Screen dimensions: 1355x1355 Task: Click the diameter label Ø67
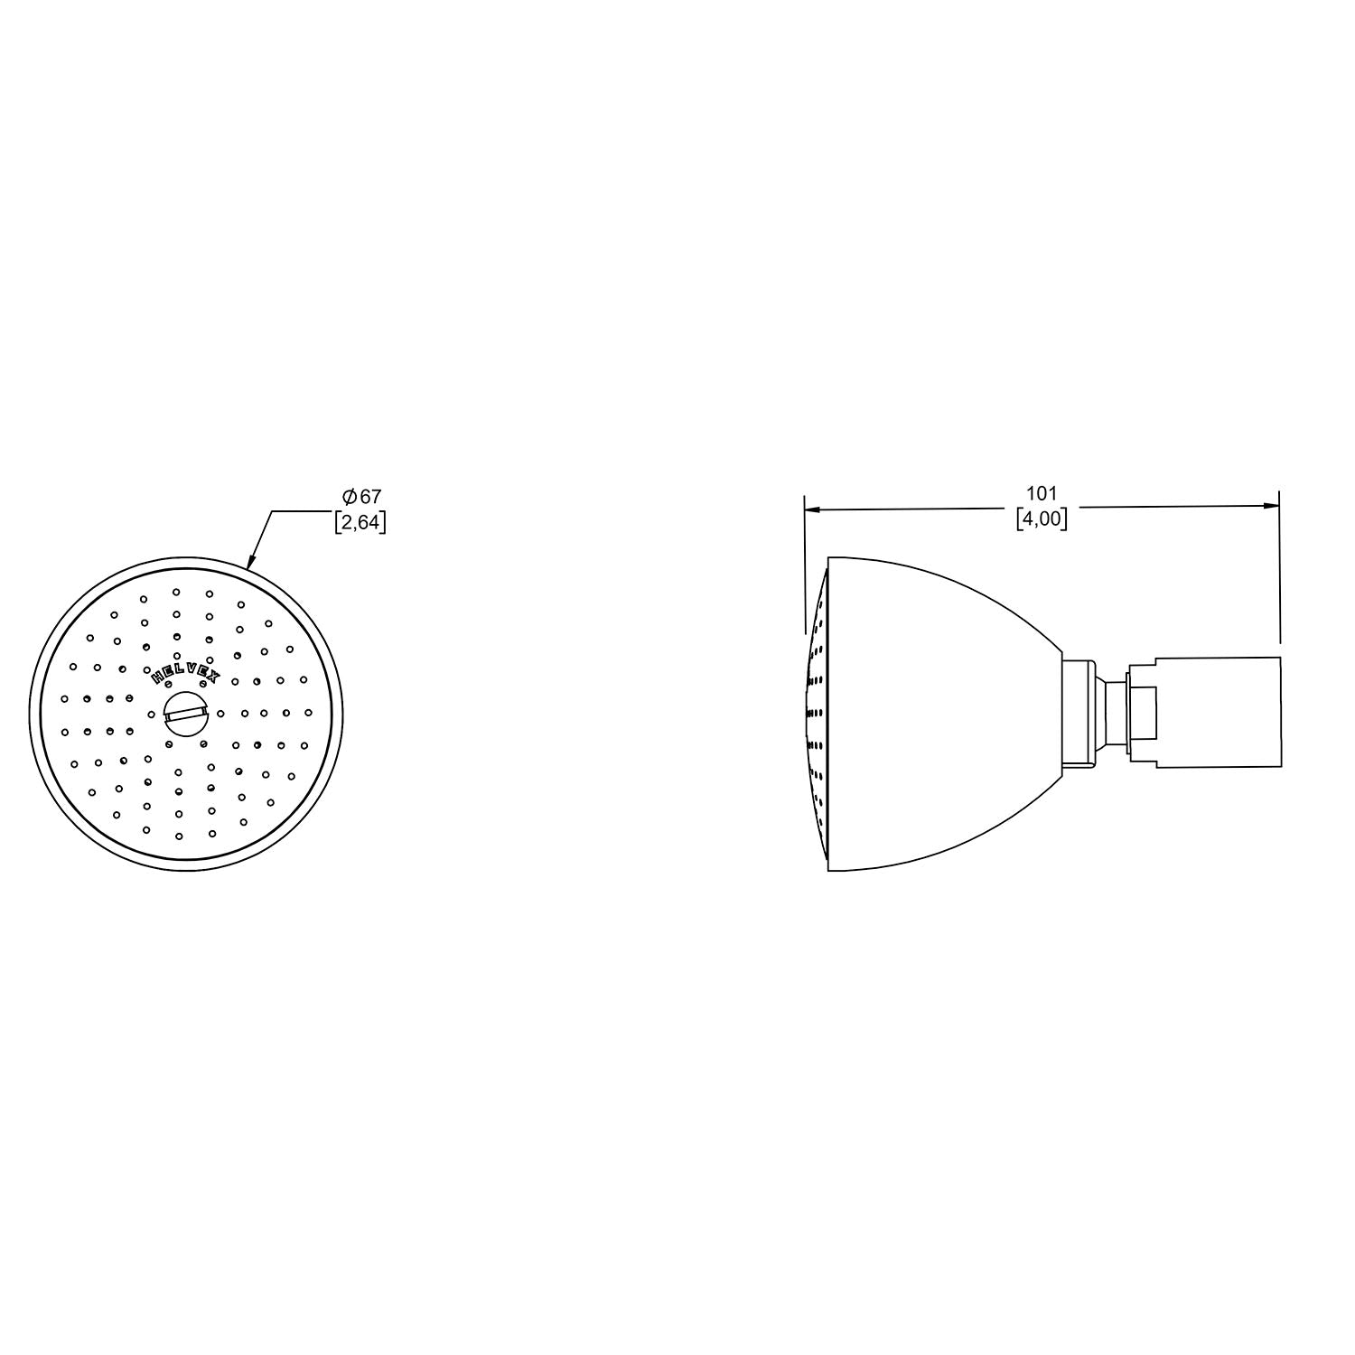pyautogui.click(x=361, y=497)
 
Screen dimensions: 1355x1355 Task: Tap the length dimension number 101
pyautogui.click(x=1042, y=493)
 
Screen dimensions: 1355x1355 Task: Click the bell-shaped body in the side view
pyautogui.click(x=944, y=714)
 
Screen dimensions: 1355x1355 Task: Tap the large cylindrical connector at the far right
pyautogui.click(x=1219, y=714)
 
